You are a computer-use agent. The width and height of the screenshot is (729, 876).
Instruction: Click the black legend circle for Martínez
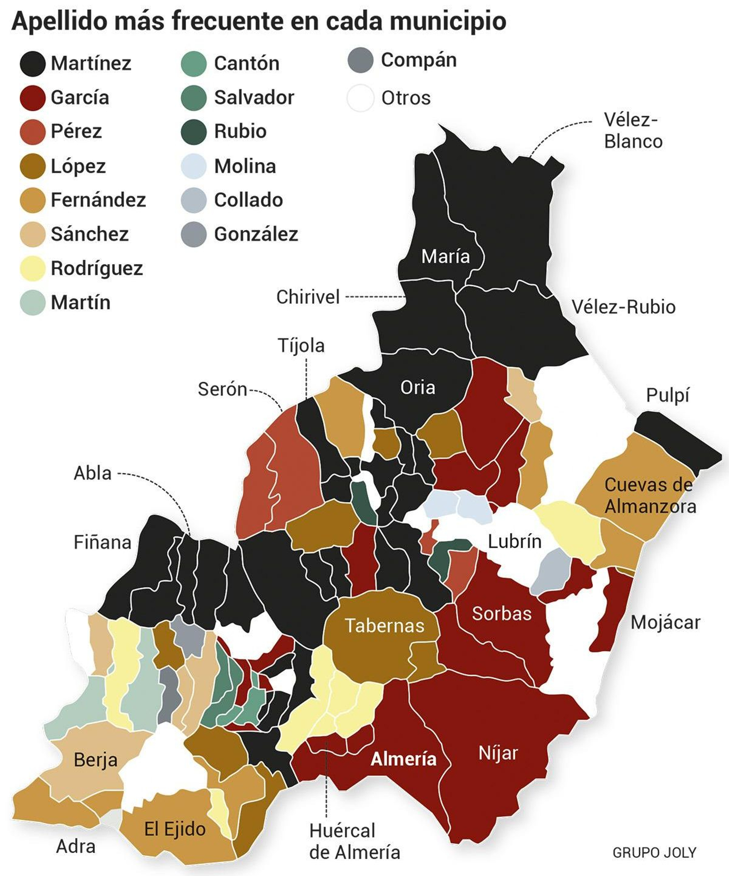pos(32,63)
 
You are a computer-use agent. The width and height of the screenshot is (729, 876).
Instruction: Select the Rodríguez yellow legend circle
pos(32,268)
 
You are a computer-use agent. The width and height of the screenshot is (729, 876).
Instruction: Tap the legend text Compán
pos(418,60)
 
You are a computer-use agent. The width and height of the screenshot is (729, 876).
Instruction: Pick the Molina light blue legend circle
pos(194,166)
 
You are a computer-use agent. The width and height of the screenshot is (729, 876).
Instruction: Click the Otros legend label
pos(406,98)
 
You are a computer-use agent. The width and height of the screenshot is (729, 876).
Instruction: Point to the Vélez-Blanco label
pos(632,131)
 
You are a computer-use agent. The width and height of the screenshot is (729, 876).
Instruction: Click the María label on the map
pos(445,256)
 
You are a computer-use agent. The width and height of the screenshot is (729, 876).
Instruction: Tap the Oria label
pos(417,388)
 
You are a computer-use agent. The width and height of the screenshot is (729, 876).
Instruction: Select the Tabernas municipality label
pos(384,625)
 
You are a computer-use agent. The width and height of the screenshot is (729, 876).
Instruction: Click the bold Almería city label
pos(403,759)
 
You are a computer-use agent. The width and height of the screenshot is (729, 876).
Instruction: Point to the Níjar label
pos(498,753)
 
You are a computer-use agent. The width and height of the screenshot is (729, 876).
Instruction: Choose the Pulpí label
pos(667,395)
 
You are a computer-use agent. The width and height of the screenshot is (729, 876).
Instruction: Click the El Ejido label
pos(175,829)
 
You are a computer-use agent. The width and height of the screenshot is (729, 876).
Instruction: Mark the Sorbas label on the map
pos(502,614)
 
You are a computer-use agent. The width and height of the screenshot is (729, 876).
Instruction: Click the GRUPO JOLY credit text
pos(654,852)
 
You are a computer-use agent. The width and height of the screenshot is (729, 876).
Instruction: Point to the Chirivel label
pos(308,297)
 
